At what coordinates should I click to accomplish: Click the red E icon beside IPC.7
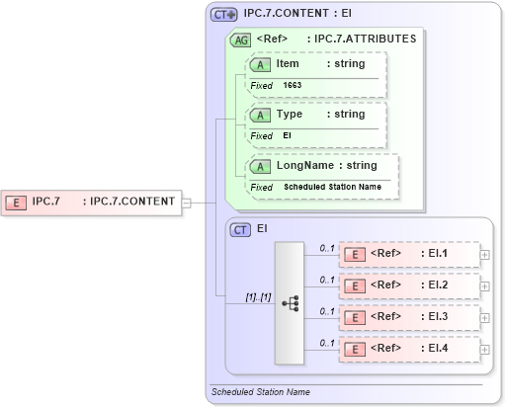pyautogui.click(x=17, y=202)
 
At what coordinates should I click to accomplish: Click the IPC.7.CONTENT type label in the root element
pyautogui.click(x=131, y=202)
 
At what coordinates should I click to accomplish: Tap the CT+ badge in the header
pyautogui.click(x=224, y=15)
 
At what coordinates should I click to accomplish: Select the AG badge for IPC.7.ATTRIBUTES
pyautogui.click(x=240, y=40)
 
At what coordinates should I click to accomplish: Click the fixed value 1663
pyautogui.click(x=293, y=85)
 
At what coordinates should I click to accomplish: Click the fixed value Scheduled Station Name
pyautogui.click(x=332, y=187)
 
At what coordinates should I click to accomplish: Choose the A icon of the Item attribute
pyautogui.click(x=261, y=64)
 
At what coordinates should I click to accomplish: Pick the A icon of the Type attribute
pyautogui.click(x=261, y=115)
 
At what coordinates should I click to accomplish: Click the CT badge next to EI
pyautogui.click(x=240, y=229)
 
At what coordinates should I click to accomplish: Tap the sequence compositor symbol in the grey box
pyautogui.click(x=290, y=302)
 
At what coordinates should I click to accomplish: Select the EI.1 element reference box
pyautogui.click(x=408, y=254)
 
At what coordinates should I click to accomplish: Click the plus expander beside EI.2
pyautogui.click(x=484, y=285)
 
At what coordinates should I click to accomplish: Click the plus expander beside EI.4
pyautogui.click(x=484, y=349)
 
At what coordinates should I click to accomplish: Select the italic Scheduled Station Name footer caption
pyautogui.click(x=261, y=392)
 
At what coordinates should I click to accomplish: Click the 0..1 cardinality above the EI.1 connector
pyautogui.click(x=326, y=247)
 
